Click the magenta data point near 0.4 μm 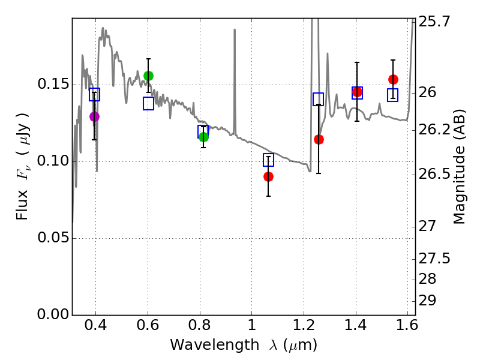click(x=94, y=116)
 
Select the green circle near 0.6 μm click(x=149, y=76)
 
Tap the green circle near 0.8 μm click(x=203, y=137)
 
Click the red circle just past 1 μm click(x=268, y=176)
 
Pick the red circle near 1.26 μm click(x=319, y=139)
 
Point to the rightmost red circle click(x=393, y=79)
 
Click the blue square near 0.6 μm click(x=149, y=104)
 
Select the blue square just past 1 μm click(x=269, y=160)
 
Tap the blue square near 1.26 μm click(x=319, y=100)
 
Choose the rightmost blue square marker click(x=393, y=95)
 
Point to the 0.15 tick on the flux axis click(x=53, y=85)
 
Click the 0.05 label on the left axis click(x=53, y=238)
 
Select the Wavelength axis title click(x=243, y=345)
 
